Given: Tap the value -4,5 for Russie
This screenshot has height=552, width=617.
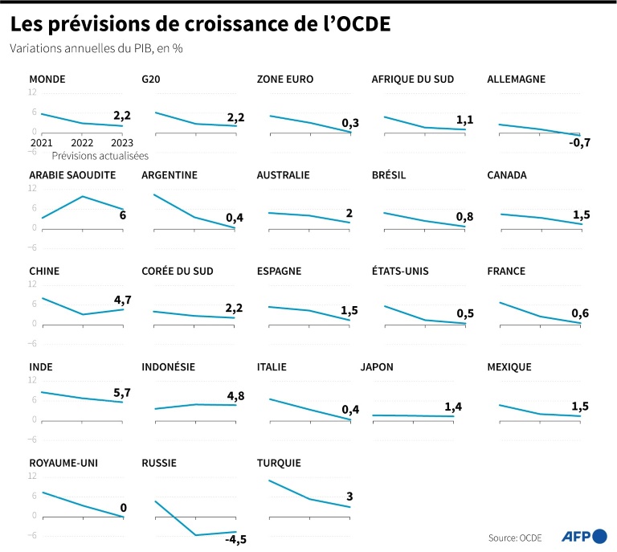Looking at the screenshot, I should tap(235, 538).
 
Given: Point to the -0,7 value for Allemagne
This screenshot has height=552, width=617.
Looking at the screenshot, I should tap(579, 142).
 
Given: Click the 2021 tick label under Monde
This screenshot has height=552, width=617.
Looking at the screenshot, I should tap(41, 142).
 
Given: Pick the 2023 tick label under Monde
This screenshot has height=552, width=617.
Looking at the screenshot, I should tap(121, 142).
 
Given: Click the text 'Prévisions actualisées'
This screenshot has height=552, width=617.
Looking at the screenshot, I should tap(100, 156).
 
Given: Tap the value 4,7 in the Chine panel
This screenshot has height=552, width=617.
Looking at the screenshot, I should tap(121, 300).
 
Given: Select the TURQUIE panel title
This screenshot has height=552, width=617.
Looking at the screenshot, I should tap(279, 463).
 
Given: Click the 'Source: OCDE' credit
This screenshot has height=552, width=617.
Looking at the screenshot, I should tap(515, 537).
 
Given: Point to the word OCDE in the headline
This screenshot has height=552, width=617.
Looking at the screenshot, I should tap(355, 25).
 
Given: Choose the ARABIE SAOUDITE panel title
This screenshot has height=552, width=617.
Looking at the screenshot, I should tap(73, 174).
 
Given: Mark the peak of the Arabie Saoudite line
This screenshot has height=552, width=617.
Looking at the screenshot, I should tap(82, 196).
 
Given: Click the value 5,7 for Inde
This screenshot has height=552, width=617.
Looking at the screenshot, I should tap(121, 394).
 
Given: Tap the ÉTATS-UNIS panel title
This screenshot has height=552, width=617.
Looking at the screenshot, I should tap(400, 271).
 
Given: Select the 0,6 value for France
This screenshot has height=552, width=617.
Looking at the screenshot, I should tap(579, 313).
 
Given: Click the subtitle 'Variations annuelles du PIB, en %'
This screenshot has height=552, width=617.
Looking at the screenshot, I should tap(96, 49).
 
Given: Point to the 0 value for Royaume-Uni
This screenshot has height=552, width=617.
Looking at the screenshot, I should tap(123, 507).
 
